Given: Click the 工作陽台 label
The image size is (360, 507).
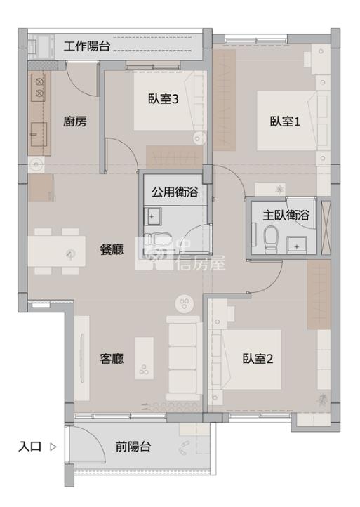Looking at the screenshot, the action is pos(86,46).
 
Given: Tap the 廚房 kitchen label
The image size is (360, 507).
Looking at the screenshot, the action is pos(74,121).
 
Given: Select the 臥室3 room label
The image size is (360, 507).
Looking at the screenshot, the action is pos(164,98).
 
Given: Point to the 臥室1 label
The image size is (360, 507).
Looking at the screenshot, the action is pos(285,121).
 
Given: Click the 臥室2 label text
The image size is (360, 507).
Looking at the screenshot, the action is pos(258,359).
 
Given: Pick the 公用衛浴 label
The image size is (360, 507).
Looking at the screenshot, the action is pos(175,192).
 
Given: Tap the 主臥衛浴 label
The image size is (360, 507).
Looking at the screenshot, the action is pos(286,215).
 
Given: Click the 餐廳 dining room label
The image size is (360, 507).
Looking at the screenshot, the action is pos(112,249).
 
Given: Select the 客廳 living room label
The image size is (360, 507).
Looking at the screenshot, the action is pos(112,359).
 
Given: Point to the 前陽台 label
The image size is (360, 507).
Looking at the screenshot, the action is pos(133,447).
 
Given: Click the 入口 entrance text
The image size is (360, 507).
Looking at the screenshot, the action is pos(29,447).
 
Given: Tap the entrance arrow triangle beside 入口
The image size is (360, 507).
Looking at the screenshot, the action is pos(53,447).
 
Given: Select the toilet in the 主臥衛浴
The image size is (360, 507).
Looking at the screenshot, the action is pos(271,239).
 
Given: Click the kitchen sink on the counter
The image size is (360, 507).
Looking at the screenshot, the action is pos(39,134).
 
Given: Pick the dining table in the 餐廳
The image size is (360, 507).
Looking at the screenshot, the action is pos(57,251).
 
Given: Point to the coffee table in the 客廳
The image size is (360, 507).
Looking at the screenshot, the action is pos(144,358).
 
